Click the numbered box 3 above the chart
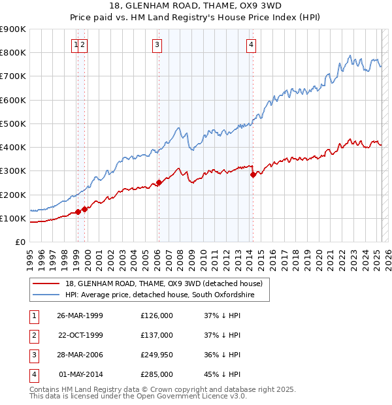pos(157,45)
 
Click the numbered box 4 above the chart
pos(251,45)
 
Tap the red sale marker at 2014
pos(253,174)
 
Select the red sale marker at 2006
pos(159,183)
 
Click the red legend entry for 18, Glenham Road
pos(163,283)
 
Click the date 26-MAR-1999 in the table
pos(80,316)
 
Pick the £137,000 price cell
pos(157,335)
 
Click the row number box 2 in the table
pos(33,335)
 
